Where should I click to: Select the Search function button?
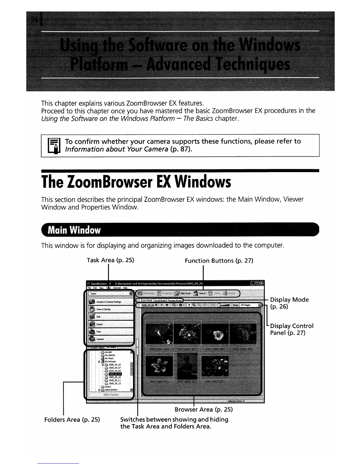coord(200,293)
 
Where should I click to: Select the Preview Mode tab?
coord(175,300)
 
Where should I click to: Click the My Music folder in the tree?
coord(110,358)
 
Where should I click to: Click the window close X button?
coord(262,284)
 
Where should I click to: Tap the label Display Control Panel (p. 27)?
coord(291,329)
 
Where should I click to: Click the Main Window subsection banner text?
coord(74,230)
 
